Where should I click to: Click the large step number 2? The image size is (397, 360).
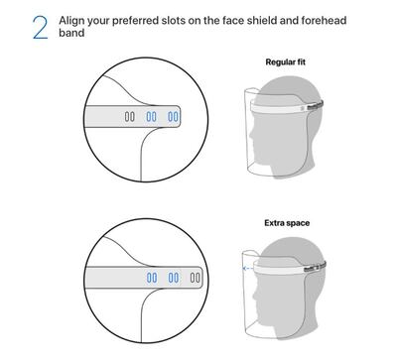(x=40, y=28)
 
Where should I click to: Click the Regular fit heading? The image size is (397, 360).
(x=288, y=62)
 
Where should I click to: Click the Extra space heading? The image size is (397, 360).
(x=287, y=222)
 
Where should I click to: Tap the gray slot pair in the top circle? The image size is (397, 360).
(x=128, y=116)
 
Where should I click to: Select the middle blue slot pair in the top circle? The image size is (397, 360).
(x=151, y=116)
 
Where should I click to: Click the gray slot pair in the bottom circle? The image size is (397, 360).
(x=196, y=278)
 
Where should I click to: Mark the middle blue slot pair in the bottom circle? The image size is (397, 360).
(x=174, y=278)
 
